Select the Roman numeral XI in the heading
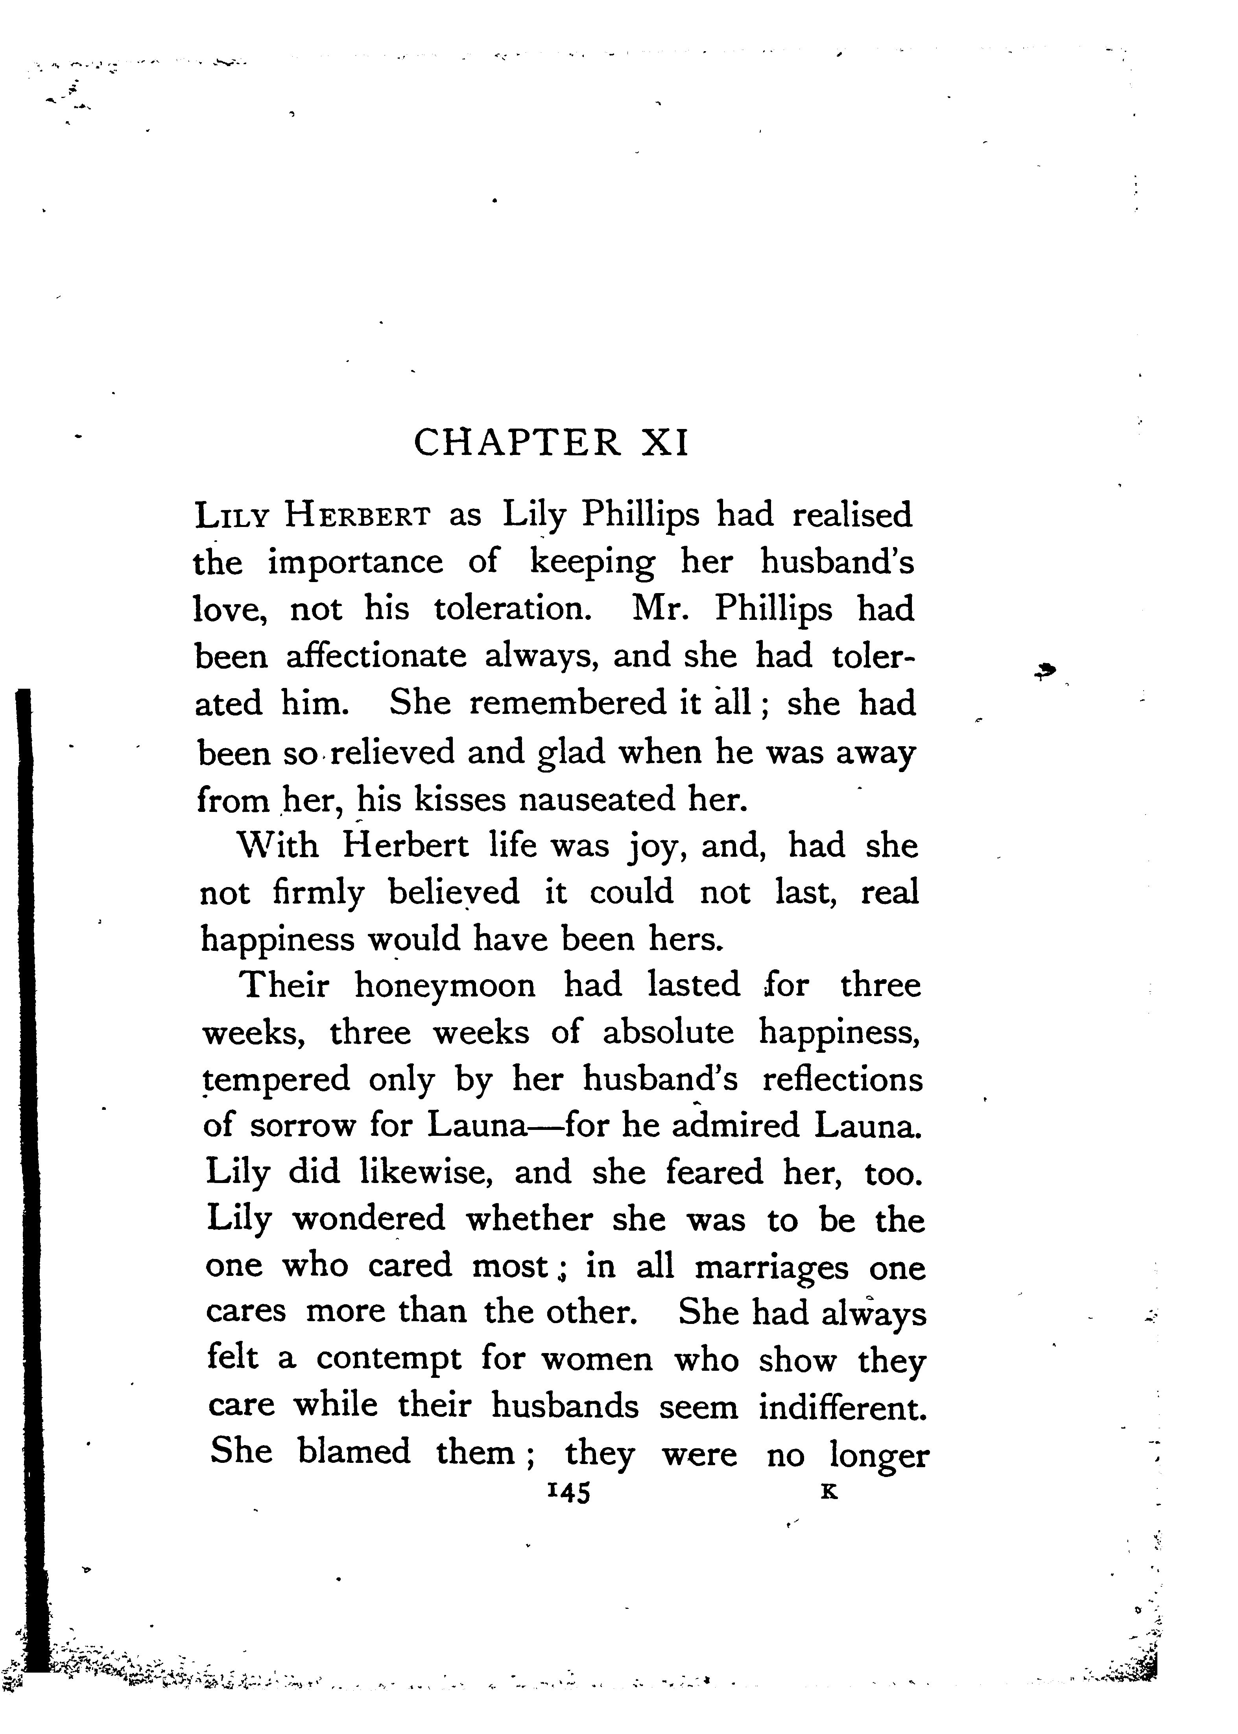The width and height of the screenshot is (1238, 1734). [x=666, y=443]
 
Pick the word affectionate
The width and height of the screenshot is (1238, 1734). [x=376, y=656]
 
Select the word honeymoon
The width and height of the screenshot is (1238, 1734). [x=445, y=985]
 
